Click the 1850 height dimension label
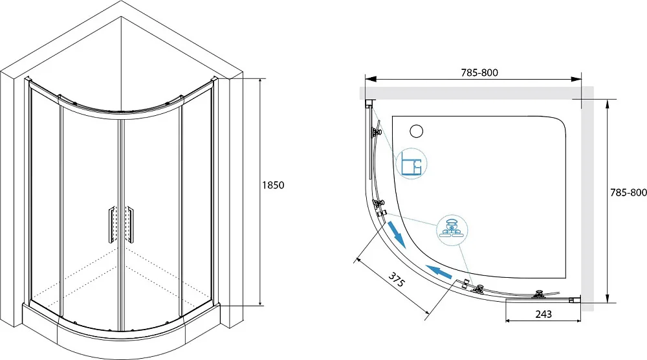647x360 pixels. point(273,185)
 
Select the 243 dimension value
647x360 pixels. point(543,314)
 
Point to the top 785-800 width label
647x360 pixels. point(479,73)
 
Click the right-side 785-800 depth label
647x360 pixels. point(628,192)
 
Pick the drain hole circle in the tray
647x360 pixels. point(417,131)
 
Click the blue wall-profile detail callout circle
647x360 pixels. point(411,163)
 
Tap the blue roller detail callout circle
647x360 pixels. point(452,230)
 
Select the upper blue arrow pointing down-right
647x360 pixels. point(399,234)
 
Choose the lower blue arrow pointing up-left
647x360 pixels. point(438,272)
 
